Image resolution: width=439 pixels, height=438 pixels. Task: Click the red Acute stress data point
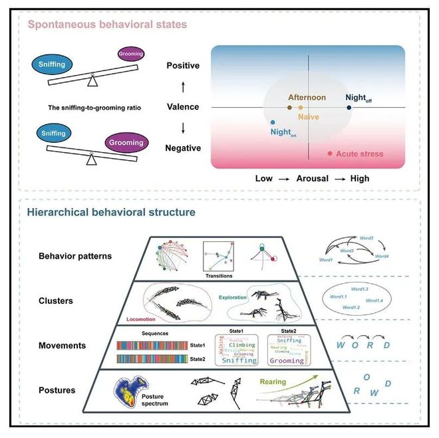[x=331, y=154]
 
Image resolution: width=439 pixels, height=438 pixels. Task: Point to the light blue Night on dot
[x=273, y=123]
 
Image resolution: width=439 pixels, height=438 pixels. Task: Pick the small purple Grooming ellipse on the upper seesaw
[x=130, y=53]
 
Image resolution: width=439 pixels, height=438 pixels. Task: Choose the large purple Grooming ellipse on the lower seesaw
[x=126, y=142]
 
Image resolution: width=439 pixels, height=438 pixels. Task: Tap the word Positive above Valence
[x=183, y=66]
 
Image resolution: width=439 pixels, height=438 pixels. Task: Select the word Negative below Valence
[x=183, y=148]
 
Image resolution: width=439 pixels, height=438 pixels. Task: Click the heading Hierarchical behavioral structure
[x=111, y=213]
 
